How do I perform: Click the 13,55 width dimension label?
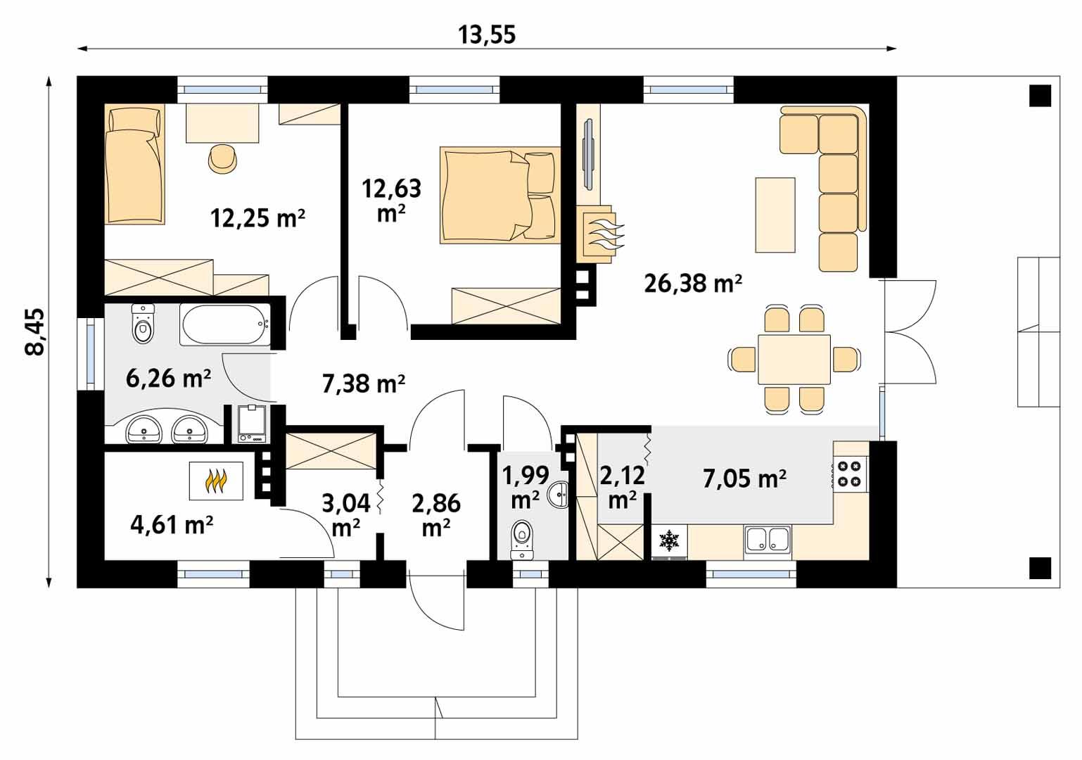pyautogui.click(x=487, y=34)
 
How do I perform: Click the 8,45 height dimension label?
pyautogui.click(x=35, y=331)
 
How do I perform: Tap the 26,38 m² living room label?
pyautogui.click(x=693, y=284)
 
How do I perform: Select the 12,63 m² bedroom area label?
pyautogui.click(x=391, y=199)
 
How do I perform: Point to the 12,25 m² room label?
pyautogui.click(x=257, y=218)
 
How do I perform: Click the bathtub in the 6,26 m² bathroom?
pyautogui.click(x=224, y=324)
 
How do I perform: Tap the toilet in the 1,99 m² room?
pyautogui.click(x=522, y=539)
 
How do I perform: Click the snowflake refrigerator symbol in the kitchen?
pyautogui.click(x=668, y=541)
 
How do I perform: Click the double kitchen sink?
pyautogui.click(x=769, y=540)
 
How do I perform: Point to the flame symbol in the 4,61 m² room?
pyautogui.click(x=216, y=481)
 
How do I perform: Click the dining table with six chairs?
pyautogui.click(x=794, y=359)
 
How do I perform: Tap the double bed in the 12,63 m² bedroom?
pyautogui.click(x=492, y=195)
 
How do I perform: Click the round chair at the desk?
pyautogui.click(x=224, y=158)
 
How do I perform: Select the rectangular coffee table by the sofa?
pyautogui.click(x=775, y=215)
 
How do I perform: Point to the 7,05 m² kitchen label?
pyautogui.click(x=744, y=479)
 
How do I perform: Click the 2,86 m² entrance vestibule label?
pyautogui.click(x=436, y=514)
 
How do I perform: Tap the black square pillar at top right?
pyautogui.click(x=1039, y=95)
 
